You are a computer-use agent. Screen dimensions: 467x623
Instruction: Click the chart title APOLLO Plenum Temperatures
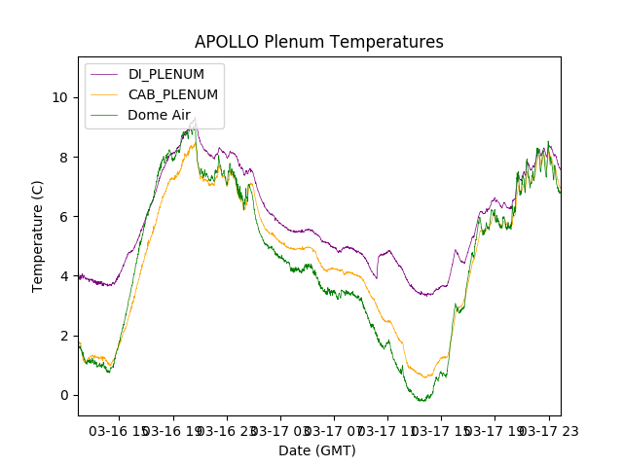[318, 42]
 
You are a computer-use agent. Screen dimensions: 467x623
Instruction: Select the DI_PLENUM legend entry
[166, 74]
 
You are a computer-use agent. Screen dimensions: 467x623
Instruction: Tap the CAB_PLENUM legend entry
[173, 94]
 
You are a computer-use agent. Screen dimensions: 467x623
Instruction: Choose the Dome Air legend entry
[159, 115]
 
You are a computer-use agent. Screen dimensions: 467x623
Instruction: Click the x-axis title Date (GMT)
[317, 450]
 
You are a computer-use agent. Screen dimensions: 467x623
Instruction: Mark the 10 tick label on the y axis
[59, 97]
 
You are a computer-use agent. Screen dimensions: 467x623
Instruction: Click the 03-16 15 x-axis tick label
[118, 430]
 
